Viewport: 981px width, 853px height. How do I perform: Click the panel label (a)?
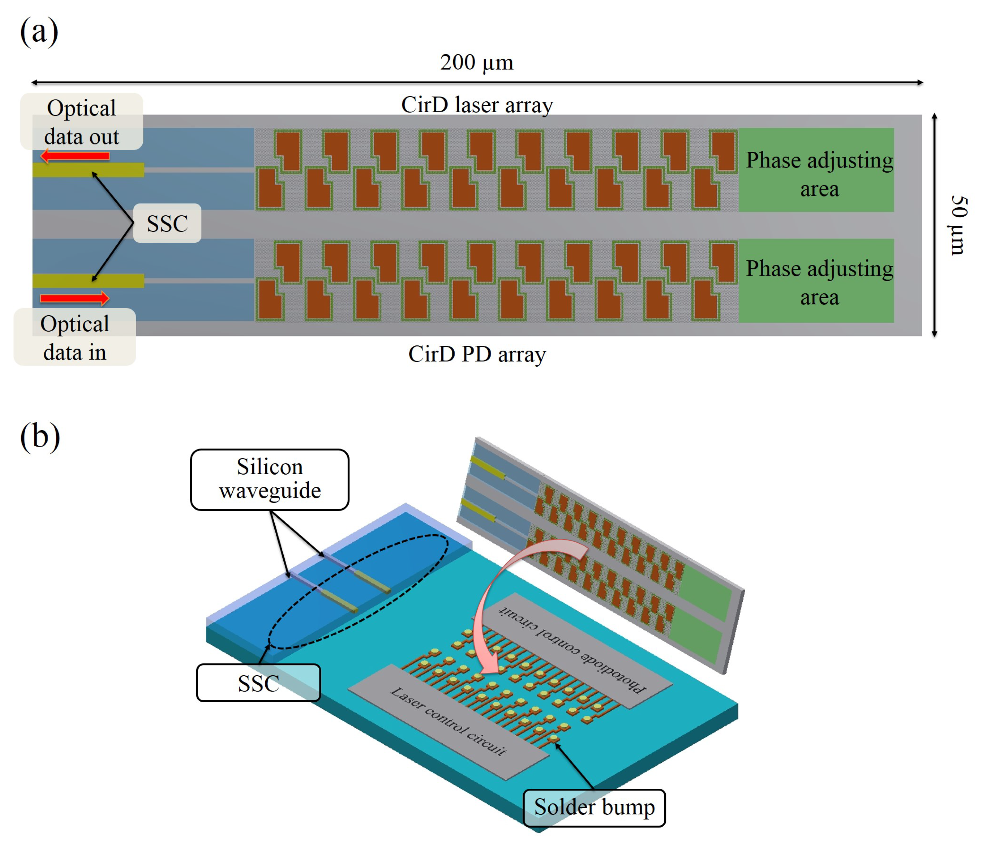point(39,31)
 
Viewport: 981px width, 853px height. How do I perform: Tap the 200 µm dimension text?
point(476,62)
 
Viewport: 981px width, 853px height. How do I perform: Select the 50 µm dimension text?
point(958,225)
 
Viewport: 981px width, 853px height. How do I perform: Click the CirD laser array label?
point(477,105)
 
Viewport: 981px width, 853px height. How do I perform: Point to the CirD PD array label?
point(477,354)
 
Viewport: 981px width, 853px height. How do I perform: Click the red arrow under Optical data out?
point(75,156)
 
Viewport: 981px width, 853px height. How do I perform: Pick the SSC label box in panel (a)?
point(167,223)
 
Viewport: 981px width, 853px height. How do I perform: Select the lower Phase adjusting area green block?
point(816,281)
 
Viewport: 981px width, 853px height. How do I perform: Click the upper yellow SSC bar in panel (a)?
point(88,170)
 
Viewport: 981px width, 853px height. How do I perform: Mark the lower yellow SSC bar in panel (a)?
point(88,281)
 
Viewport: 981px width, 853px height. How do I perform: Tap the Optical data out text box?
point(82,122)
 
